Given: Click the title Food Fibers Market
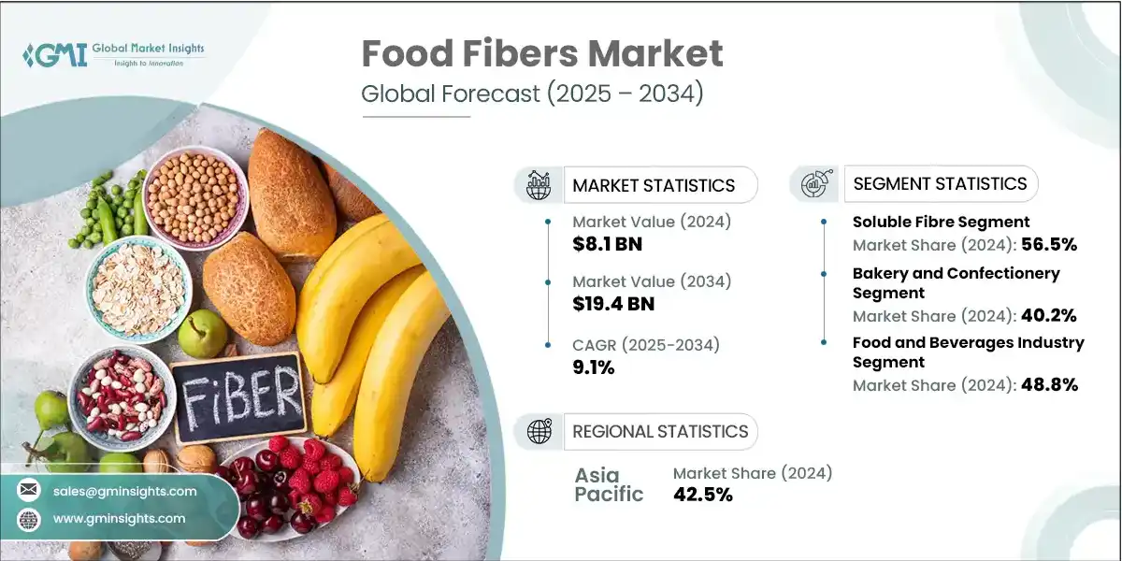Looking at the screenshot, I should pos(542,54).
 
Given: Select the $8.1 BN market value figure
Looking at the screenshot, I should pos(608,245).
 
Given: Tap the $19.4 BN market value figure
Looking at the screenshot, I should pos(613,303).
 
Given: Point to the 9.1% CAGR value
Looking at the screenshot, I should pos(594,367).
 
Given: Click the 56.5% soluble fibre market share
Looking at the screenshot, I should pos(1048,245).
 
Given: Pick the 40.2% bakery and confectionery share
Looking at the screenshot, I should pos(1048,316).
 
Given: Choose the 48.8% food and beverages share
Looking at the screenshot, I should pos(1048,384).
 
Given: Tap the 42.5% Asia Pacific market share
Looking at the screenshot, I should pos(703,495).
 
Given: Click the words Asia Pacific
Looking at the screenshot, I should pos(609,484).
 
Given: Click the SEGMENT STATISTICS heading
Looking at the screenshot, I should pos(940,183).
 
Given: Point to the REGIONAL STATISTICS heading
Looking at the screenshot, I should pos(660,431).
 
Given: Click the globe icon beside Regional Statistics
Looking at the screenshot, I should pos(539,431).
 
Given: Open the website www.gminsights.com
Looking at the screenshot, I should pos(120,518).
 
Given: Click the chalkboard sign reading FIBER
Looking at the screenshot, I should pos(237,397).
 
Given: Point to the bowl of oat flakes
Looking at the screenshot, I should pos(138,287).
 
